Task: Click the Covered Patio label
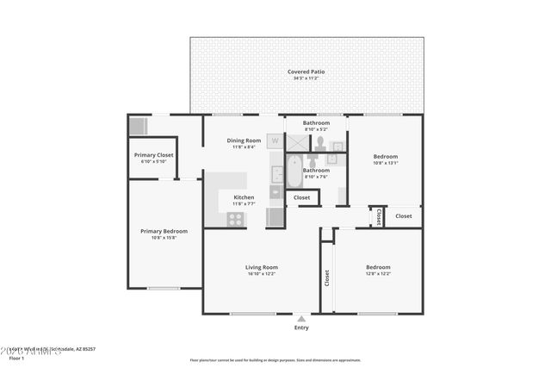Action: click(x=307, y=72)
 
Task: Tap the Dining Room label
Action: click(x=243, y=140)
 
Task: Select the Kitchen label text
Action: click(x=243, y=197)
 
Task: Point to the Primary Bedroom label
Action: click(x=164, y=231)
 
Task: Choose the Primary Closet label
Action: click(x=154, y=155)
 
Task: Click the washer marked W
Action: click(x=275, y=140)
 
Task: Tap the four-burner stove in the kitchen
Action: click(x=234, y=219)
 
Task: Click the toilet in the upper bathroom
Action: click(x=319, y=141)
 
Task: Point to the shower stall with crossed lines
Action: click(x=296, y=142)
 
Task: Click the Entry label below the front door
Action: click(x=301, y=327)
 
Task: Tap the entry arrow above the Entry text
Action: click(x=301, y=317)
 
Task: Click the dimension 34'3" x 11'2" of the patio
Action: click(x=307, y=78)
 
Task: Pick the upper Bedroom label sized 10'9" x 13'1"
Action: click(x=385, y=156)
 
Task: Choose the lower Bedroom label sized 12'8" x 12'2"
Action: click(x=377, y=267)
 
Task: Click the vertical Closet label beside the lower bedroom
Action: click(x=326, y=278)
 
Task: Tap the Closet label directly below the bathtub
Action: click(x=302, y=197)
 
